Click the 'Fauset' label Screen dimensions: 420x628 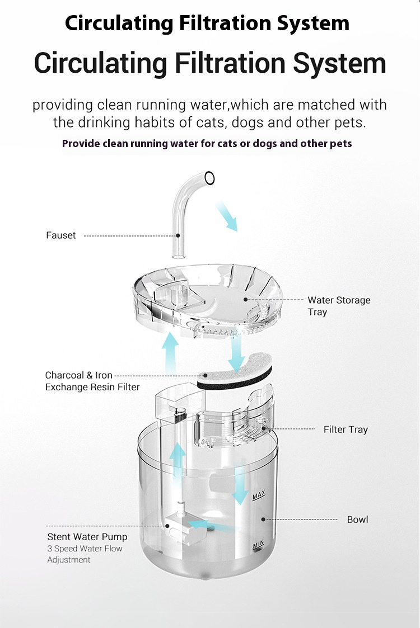click(60, 235)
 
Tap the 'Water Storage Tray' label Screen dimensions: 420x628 click(339, 306)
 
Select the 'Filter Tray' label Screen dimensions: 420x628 click(346, 429)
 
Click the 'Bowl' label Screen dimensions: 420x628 click(357, 520)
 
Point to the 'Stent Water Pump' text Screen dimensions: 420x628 click(87, 537)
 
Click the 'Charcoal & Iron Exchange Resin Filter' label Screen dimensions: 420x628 click(92, 381)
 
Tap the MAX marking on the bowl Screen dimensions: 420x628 click(259, 495)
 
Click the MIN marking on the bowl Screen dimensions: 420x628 click(258, 544)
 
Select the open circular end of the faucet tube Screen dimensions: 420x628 click(209, 178)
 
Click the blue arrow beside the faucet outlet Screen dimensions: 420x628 click(227, 216)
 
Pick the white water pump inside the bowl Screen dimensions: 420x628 click(185, 526)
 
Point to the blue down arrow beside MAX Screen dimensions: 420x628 click(240, 485)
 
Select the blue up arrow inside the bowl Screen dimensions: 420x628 click(178, 461)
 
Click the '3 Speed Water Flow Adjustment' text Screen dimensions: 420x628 click(85, 554)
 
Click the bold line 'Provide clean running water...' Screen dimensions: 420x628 click(207, 143)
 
